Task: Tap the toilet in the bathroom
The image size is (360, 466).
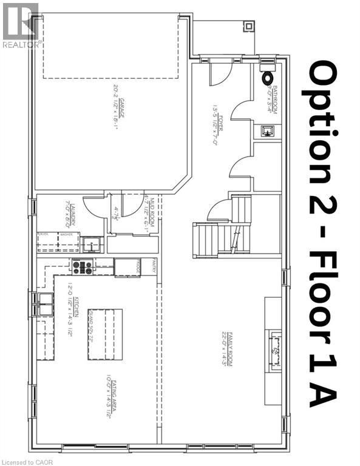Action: coord(267,78)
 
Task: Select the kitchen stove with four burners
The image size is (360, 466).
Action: coord(83,267)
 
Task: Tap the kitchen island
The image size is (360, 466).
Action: coord(106,334)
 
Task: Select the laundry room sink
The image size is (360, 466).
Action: coord(91,244)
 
